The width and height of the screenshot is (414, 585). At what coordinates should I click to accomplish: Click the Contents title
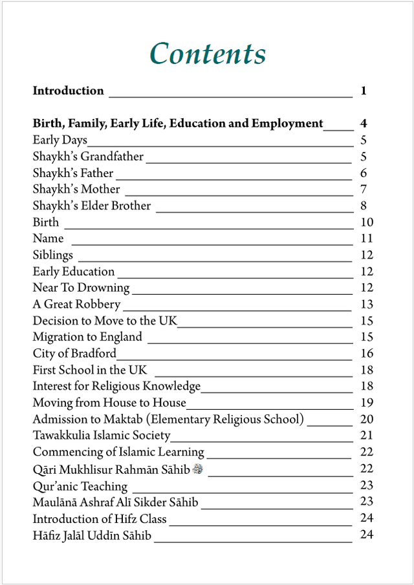(x=208, y=54)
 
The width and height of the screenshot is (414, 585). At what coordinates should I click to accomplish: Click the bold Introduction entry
(x=68, y=91)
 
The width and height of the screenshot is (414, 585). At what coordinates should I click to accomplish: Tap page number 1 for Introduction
(x=364, y=91)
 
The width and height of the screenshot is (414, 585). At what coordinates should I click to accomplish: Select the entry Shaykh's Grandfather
(x=88, y=156)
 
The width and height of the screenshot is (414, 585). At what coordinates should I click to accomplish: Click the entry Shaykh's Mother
(x=76, y=189)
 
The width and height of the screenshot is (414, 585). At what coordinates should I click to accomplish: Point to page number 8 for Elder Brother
(x=364, y=206)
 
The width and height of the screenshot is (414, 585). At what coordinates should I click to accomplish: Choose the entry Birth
(x=46, y=222)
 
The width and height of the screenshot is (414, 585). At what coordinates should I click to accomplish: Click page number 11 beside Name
(x=367, y=239)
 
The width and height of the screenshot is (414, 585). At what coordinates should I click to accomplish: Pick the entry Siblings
(x=53, y=255)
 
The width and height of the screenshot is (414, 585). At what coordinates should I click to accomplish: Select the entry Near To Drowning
(x=81, y=288)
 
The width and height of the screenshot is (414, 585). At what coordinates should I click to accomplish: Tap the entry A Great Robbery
(x=76, y=304)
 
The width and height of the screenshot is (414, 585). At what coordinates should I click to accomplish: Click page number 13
(x=367, y=304)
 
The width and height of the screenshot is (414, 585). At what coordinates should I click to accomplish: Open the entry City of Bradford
(x=74, y=354)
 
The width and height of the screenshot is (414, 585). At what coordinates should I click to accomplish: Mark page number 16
(x=367, y=354)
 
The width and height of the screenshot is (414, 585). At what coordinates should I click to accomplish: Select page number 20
(x=367, y=420)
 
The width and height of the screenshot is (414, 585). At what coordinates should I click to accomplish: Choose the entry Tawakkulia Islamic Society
(x=102, y=436)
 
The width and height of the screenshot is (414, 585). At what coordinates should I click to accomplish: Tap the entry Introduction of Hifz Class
(x=100, y=518)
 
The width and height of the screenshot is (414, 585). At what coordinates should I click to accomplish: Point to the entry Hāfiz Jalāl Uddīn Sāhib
(x=92, y=535)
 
